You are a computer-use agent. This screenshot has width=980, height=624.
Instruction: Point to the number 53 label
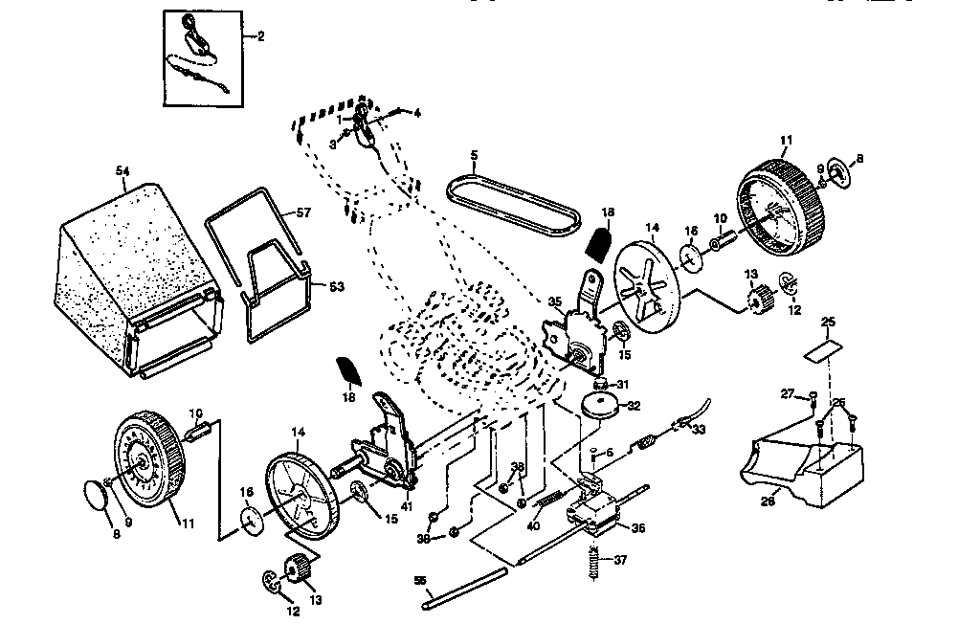pyautogui.click(x=337, y=286)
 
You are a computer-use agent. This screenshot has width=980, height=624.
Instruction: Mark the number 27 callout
pyautogui.click(x=788, y=392)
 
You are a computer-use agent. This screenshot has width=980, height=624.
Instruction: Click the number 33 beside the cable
pyautogui.click(x=698, y=430)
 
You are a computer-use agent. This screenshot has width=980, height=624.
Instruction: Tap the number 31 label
pyautogui.click(x=623, y=385)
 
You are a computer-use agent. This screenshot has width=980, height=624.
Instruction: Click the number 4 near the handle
pyautogui.click(x=416, y=113)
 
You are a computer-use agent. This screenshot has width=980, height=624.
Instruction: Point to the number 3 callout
pyautogui.click(x=333, y=145)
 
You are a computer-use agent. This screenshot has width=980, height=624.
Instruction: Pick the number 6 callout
pyautogui.click(x=609, y=453)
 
